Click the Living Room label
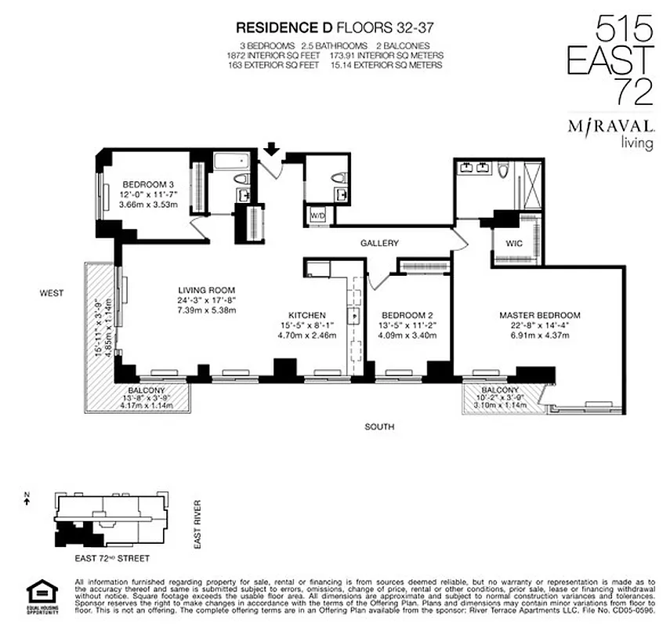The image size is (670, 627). point(207,289)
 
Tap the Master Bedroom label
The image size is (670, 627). point(540,315)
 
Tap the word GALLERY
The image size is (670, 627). point(379,244)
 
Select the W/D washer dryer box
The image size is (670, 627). point(318,214)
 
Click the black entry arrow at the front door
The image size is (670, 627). point(272,148)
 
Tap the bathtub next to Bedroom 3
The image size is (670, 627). point(230,164)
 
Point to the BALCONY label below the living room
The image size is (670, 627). point(147,390)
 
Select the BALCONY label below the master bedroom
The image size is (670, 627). point(499,390)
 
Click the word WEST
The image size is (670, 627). point(52,293)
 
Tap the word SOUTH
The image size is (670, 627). point(378,427)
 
